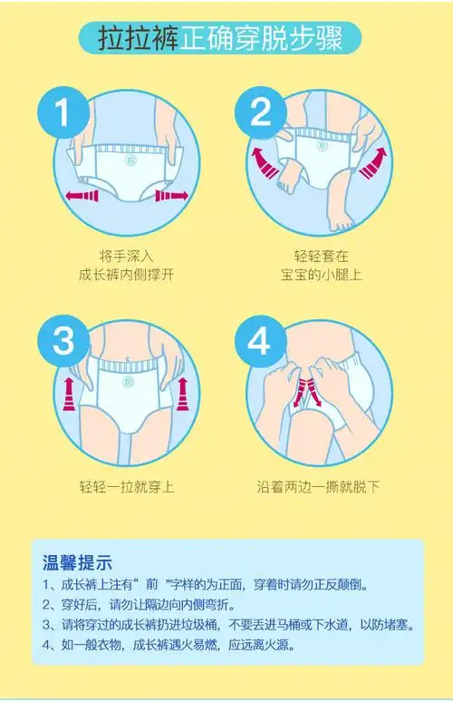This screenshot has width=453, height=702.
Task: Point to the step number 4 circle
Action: [260, 342]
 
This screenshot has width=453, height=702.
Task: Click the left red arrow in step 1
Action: [83, 195]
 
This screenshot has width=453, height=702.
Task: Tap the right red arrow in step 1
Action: [171, 194]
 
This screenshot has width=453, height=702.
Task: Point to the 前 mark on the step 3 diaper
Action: [126, 383]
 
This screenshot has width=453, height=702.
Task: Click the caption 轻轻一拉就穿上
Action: [126, 487]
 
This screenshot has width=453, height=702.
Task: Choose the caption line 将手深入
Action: [126, 254]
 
